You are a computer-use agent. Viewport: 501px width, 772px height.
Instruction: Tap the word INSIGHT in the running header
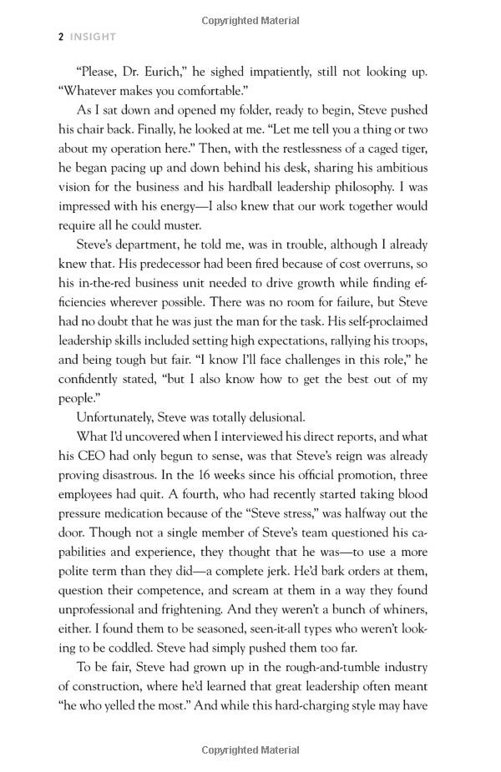tap(94, 37)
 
